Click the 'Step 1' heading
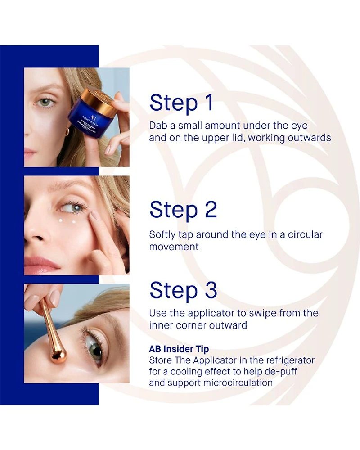click(x=181, y=103)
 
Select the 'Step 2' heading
click(x=183, y=210)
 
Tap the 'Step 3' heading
click(x=183, y=290)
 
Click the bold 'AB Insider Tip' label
click(x=179, y=349)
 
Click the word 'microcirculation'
click(x=238, y=382)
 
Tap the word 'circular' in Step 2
click(x=305, y=234)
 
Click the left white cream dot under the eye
click(x=61, y=220)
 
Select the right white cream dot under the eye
click(x=74, y=221)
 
